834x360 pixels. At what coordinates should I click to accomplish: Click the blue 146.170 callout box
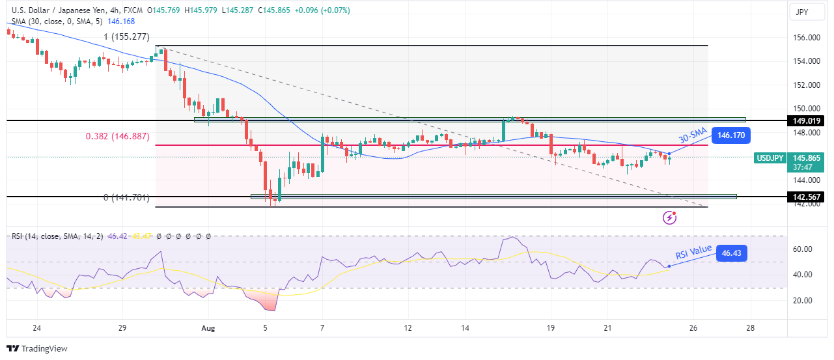pos(731,136)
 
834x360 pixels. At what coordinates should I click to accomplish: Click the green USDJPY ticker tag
pos(769,158)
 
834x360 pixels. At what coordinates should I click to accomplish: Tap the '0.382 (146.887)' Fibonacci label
pos(118,137)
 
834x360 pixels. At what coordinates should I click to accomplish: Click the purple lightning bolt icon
pos(669,217)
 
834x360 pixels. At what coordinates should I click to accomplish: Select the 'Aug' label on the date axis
pos(208,328)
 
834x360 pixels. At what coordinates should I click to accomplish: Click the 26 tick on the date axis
pos(693,328)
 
